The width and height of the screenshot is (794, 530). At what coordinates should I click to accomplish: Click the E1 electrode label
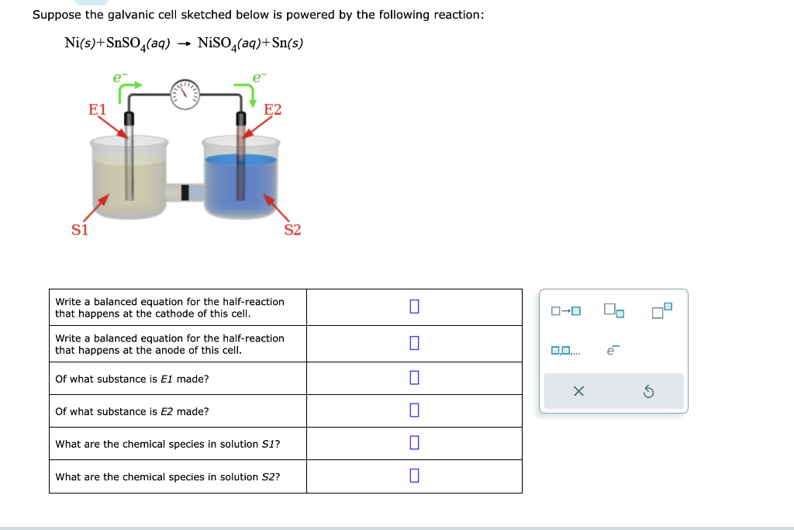(x=97, y=109)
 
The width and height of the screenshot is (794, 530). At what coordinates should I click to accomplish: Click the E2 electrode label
(x=273, y=109)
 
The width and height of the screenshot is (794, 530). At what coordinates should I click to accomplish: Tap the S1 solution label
(x=80, y=230)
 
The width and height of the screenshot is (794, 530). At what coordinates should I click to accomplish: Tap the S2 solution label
(x=292, y=230)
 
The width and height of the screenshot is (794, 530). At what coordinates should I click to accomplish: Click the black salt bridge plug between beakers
(x=185, y=192)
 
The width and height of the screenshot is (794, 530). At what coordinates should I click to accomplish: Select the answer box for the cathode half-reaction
(x=414, y=307)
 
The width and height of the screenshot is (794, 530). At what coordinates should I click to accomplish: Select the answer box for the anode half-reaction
(x=414, y=343)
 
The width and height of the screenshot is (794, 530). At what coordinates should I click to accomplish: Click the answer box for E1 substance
(x=414, y=379)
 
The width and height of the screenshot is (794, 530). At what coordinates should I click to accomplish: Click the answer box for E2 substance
(x=414, y=410)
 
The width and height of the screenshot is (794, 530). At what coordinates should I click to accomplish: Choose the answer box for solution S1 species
(x=414, y=443)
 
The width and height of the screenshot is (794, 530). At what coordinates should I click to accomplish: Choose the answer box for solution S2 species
(x=414, y=476)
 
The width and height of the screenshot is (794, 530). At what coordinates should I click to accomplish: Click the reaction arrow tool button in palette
(x=565, y=312)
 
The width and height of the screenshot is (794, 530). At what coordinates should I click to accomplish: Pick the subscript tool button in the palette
(x=613, y=312)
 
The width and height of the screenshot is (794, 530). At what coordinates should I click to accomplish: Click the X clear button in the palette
(x=578, y=392)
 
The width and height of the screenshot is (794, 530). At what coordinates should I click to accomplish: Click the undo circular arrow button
(x=648, y=392)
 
